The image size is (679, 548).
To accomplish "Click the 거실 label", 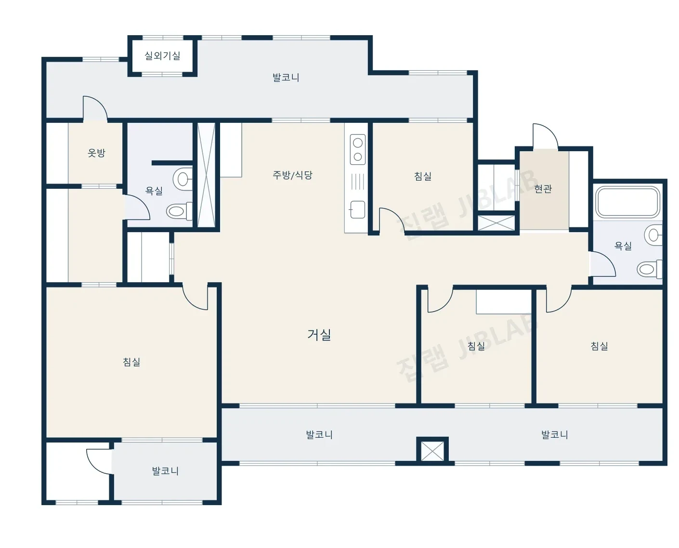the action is (319, 334).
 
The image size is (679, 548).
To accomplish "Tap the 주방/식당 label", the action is (292, 175).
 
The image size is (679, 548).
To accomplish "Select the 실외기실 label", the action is (162, 56).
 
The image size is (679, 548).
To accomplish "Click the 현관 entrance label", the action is (543, 189).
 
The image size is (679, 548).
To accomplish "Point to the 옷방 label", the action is (96, 153).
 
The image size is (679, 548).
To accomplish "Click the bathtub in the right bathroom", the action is (627, 202).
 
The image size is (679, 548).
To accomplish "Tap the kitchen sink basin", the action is (357, 209).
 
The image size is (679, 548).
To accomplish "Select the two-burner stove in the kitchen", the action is (357, 149).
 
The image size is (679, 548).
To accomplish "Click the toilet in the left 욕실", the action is (180, 211).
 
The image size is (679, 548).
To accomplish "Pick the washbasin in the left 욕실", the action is (183, 179).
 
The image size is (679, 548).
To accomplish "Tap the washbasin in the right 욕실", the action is (653, 235).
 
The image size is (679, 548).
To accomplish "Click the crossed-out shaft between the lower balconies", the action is (432, 451).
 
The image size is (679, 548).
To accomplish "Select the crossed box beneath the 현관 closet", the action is (496, 223).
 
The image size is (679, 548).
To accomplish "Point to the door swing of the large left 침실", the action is (195, 296).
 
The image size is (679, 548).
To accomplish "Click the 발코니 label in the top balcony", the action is (286, 78).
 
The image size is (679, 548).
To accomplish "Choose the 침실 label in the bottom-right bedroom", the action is (600, 346).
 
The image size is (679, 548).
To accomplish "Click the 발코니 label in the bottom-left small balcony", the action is (165, 471).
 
